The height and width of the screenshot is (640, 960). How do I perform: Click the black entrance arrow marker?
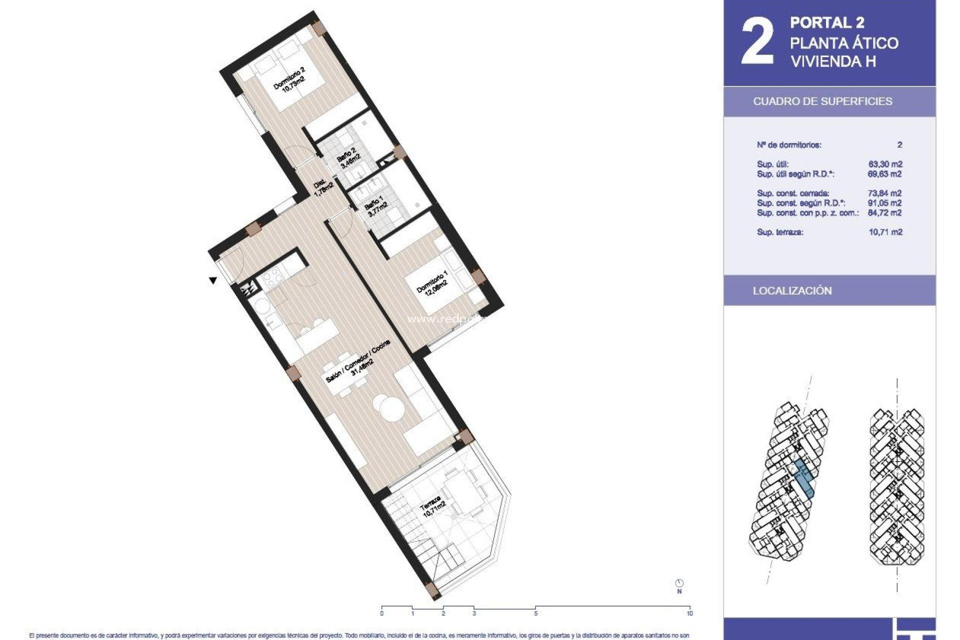213,280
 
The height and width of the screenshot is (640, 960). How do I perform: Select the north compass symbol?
679,583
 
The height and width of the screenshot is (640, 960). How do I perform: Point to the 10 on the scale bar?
689,613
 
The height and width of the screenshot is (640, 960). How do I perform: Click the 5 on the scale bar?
535,613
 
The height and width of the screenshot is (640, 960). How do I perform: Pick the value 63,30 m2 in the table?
885,164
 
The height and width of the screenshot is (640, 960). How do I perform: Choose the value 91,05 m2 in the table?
885,203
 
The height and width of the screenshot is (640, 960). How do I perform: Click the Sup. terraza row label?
780,232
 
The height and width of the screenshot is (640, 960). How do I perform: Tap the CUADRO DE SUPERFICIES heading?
822,101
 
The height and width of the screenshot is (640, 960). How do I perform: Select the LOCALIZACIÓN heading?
792,291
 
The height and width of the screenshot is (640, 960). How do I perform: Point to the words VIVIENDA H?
832,61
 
